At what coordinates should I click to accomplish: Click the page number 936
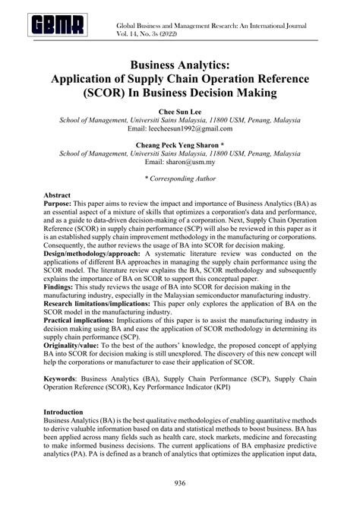click(x=180, y=483)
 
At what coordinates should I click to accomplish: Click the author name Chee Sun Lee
click(x=180, y=110)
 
